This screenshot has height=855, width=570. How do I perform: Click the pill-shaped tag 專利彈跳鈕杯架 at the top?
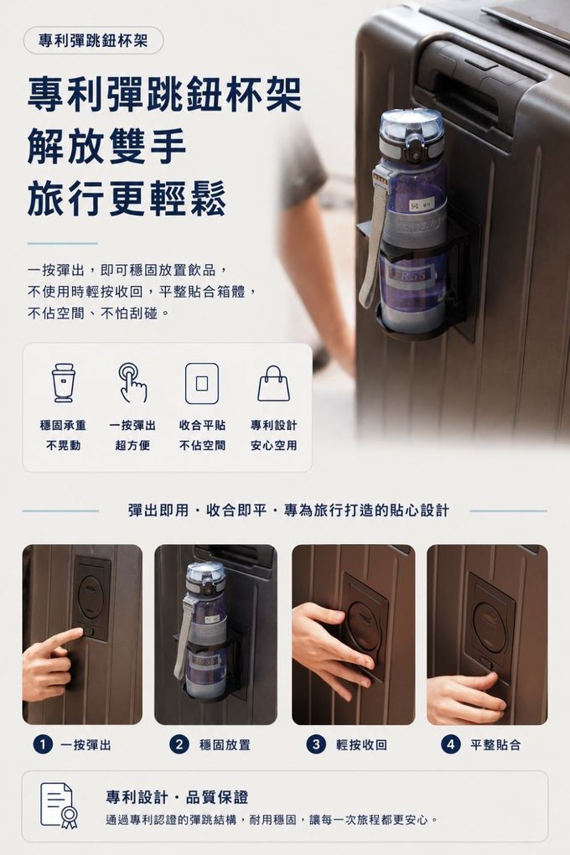click(93, 40)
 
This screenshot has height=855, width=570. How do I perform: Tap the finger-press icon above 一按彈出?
click(132, 382)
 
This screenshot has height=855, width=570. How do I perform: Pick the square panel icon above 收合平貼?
click(202, 383)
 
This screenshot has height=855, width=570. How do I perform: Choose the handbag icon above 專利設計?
click(273, 383)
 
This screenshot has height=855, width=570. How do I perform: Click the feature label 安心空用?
click(274, 445)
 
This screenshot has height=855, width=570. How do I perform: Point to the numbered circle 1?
click(43, 744)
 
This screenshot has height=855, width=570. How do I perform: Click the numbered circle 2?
click(179, 744)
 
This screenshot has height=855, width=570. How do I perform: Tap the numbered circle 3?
click(316, 744)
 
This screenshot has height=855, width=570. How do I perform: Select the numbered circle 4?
click(450, 744)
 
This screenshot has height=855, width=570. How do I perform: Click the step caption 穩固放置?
click(225, 745)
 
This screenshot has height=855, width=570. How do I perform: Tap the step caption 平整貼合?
click(495, 745)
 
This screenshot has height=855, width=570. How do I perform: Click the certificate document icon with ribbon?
click(59, 806)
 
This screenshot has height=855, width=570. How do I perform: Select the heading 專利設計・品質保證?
click(177, 797)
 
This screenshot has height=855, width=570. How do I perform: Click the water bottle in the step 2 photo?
click(205, 632)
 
